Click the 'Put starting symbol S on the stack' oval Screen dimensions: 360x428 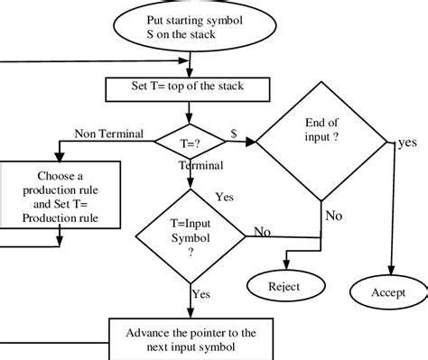tap(189, 27)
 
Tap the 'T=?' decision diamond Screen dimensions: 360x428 tap(189, 142)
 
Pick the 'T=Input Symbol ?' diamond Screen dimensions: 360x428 tap(190, 237)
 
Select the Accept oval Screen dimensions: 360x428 tap(388, 292)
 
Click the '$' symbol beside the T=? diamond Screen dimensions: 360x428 tap(235, 133)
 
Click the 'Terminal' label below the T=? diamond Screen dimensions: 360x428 tap(200, 166)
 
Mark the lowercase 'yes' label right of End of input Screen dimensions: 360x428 tap(407, 143)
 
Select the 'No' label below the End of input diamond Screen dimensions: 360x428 tap(333, 216)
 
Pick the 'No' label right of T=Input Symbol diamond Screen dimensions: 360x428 tap(262, 232)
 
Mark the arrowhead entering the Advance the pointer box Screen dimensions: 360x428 tap(190, 315)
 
